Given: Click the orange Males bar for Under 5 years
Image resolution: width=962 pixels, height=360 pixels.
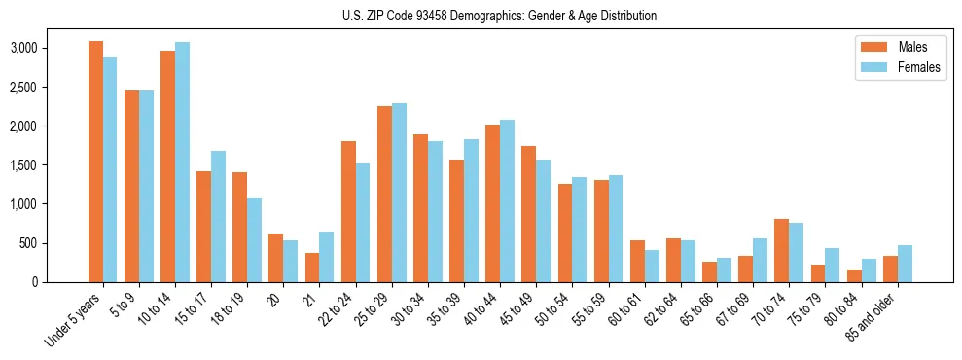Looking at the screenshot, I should (x=95, y=162).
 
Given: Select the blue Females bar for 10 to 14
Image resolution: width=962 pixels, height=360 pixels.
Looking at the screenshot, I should (x=182, y=162).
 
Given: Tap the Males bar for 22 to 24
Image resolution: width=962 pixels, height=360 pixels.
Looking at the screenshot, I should (x=348, y=211).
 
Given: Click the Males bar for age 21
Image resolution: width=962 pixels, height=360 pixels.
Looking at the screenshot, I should (x=312, y=268).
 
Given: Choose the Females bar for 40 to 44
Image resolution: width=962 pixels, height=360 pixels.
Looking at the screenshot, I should (x=507, y=200).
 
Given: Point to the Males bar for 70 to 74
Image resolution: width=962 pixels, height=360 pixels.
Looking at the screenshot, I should (x=781, y=250).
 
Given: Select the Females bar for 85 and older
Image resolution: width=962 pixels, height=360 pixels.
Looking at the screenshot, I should (x=905, y=264).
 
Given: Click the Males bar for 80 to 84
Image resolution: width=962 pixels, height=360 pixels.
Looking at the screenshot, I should (x=854, y=275).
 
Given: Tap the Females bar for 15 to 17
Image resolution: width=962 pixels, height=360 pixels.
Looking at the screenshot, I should (x=218, y=216).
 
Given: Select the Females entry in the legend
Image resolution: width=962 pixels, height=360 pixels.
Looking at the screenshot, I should (x=899, y=67).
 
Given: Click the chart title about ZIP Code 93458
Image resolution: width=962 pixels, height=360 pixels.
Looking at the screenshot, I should (x=499, y=16).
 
